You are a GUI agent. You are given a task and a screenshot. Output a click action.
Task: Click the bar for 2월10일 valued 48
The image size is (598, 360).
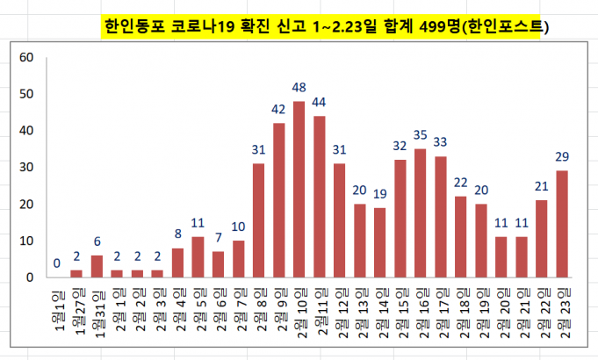click(x=299, y=189)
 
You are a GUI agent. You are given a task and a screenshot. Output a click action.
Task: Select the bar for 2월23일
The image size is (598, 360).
click(x=562, y=224)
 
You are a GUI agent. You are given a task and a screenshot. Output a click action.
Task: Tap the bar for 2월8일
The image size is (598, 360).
click(x=258, y=220)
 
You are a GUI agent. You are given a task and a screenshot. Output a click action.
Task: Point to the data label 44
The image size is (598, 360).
click(x=319, y=101)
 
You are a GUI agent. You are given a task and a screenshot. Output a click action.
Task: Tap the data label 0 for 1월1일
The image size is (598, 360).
click(x=56, y=263)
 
